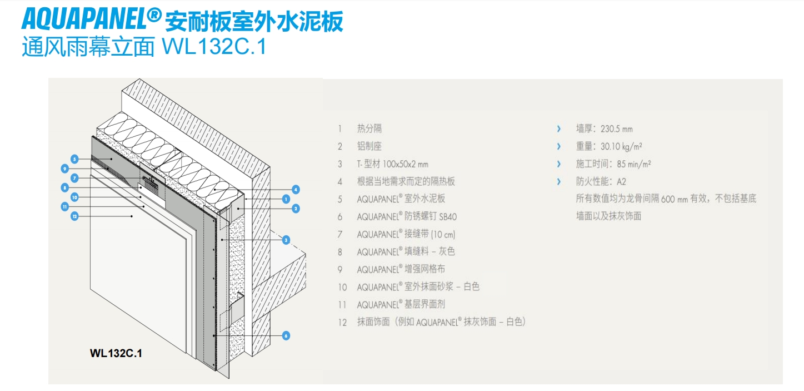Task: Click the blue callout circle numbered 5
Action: [73, 159]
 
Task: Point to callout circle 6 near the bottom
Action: [286, 335]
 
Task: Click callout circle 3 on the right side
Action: [286, 240]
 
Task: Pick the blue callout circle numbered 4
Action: [296, 190]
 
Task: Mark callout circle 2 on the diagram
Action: [296, 209]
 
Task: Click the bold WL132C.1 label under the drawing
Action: [116, 353]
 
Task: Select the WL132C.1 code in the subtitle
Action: [214, 47]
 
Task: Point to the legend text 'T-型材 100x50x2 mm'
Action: [392, 164]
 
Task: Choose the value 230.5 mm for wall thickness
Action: [617, 129]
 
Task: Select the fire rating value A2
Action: [622, 182]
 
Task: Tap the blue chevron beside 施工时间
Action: [558, 164]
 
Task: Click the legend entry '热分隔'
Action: [369, 129]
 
